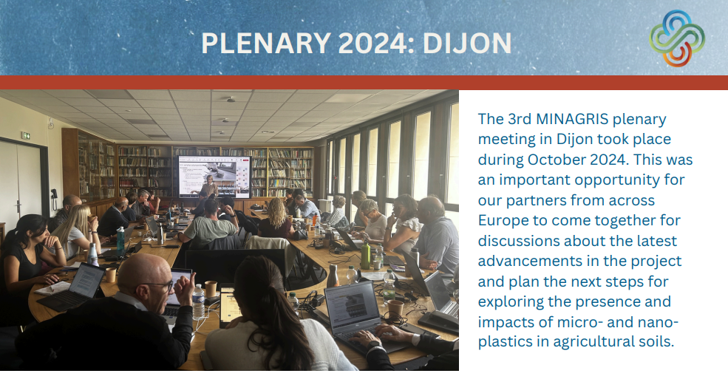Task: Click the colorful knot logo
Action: (677, 38)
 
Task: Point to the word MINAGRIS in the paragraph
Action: (572, 119)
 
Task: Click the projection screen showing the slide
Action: (214, 177)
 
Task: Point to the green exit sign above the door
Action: (26, 135)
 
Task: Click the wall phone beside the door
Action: (54, 194)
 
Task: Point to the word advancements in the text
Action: (529, 262)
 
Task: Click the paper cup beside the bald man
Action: (211, 289)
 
